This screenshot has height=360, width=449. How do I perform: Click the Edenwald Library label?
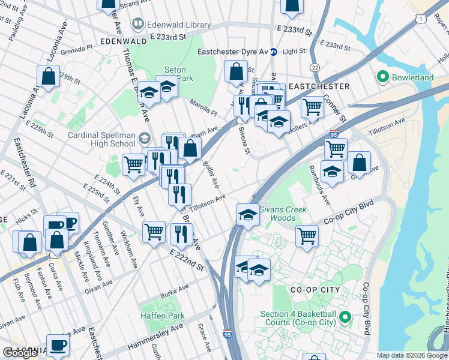point(178,25)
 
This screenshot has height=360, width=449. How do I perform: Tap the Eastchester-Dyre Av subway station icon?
point(273,52)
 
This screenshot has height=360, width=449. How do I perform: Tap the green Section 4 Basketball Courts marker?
point(345,316)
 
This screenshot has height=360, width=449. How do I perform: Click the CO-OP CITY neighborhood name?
point(315,290)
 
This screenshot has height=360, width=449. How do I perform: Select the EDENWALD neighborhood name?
point(124,41)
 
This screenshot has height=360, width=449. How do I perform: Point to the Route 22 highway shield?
point(315,67)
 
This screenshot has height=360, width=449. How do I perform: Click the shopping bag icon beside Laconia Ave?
point(48,76)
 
